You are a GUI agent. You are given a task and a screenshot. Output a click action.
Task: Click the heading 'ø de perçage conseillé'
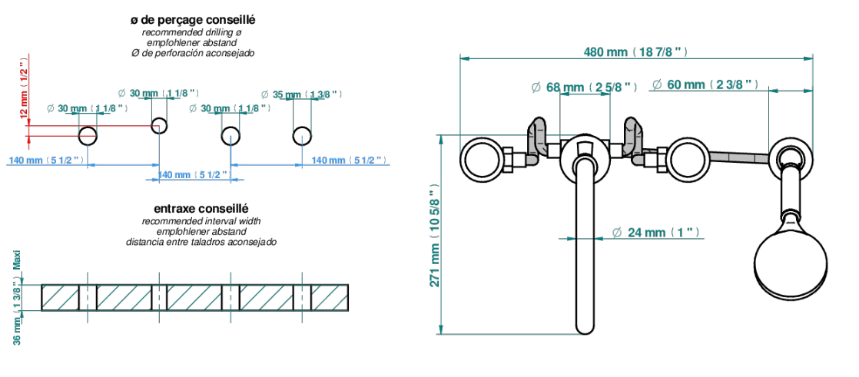(x=193, y=20)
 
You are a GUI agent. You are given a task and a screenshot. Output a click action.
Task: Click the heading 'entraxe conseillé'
(x=201, y=209)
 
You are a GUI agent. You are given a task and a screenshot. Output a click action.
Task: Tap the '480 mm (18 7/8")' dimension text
(x=635, y=52)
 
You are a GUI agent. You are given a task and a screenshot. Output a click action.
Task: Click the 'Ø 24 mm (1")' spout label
(x=655, y=233)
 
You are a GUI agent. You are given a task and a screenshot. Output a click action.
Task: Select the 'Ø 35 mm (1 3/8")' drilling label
(x=301, y=94)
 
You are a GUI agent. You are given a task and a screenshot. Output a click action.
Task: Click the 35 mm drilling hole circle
(x=302, y=135)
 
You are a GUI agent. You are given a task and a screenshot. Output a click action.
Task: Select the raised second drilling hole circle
(x=159, y=125)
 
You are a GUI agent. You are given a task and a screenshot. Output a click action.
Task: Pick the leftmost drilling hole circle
(x=88, y=135)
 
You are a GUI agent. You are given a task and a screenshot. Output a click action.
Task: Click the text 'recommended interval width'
(x=201, y=222)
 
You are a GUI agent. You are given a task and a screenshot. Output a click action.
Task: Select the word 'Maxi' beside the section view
(x=17, y=261)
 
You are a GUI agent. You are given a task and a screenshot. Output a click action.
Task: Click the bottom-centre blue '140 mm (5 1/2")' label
(x=192, y=174)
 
